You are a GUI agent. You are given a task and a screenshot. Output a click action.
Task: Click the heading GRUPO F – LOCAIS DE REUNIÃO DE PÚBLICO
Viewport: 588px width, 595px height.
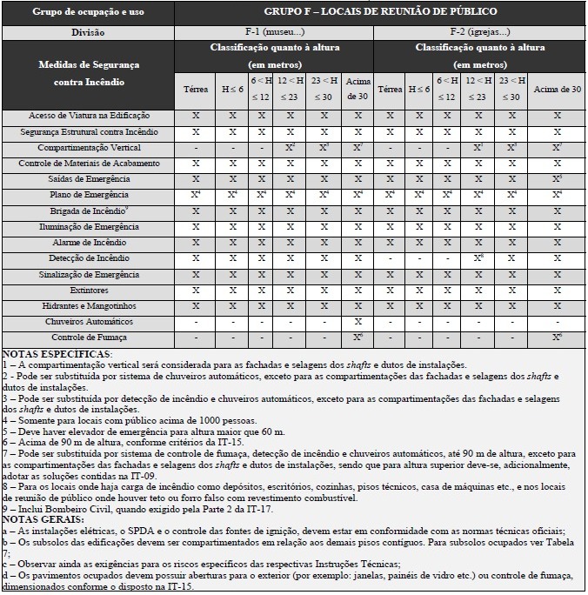380,11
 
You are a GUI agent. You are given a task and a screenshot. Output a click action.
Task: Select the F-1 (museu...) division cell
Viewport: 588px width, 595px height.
274,32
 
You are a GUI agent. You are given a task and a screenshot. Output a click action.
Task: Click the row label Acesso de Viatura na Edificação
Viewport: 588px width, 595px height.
89,116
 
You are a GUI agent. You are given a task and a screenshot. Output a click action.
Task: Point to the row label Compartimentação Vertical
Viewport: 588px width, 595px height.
89,148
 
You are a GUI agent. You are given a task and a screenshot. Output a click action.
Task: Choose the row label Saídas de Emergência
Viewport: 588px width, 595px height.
89,179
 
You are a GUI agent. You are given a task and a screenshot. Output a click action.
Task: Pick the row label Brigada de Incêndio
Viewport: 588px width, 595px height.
89,211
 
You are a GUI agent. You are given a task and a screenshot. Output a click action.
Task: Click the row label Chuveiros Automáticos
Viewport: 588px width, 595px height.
89,321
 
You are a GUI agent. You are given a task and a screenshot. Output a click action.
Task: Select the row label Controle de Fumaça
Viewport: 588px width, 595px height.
89,338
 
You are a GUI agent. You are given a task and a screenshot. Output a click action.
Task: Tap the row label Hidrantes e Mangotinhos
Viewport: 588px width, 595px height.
89,305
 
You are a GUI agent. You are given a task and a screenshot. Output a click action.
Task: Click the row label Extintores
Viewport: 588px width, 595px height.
89,290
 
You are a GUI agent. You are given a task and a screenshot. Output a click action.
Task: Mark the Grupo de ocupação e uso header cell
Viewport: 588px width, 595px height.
89,11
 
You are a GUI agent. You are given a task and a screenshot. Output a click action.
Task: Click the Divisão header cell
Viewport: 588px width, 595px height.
89,32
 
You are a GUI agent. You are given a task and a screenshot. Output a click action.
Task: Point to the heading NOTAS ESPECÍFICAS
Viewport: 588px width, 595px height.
57,355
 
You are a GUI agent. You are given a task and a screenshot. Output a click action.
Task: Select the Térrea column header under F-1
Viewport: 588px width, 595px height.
196,90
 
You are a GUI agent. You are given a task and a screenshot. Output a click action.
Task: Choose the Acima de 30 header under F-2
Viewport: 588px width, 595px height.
557,90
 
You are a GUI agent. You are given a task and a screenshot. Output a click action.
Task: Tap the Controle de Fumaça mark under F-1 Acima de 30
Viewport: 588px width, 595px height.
357,338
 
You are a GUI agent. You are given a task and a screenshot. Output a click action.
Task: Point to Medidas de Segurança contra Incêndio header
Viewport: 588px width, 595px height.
89,73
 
